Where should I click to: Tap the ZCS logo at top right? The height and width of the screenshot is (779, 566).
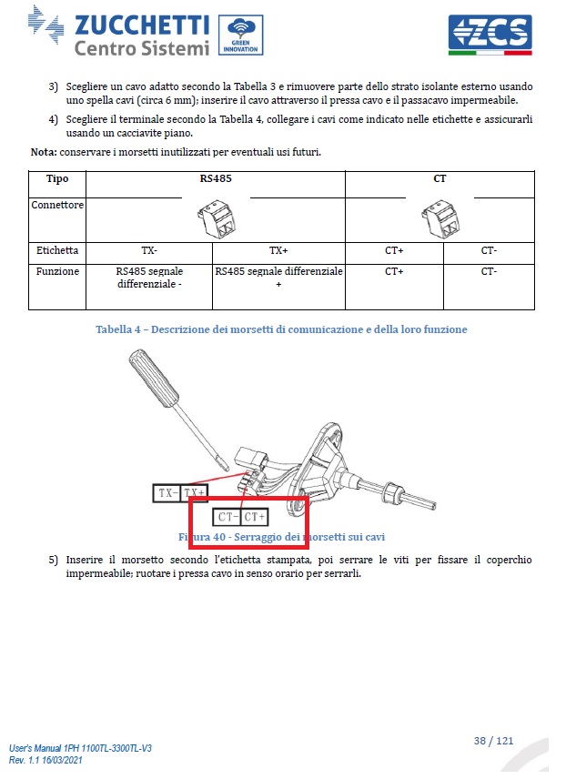[490, 34]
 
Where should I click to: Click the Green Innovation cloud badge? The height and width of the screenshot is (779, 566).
[238, 35]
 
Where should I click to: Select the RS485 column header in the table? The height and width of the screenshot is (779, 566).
[216, 179]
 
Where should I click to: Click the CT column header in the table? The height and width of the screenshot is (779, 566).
[440, 179]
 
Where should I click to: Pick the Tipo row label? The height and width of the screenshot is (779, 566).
[57, 179]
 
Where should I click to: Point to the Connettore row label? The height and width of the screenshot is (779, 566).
[57, 205]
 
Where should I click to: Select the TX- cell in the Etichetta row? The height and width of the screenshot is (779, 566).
[149, 249]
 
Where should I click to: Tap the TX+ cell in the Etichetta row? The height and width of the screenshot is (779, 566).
[278, 249]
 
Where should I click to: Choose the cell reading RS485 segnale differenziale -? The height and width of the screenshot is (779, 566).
[149, 278]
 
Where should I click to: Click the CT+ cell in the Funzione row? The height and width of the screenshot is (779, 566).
[394, 271]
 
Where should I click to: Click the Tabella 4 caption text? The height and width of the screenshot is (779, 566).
[281, 329]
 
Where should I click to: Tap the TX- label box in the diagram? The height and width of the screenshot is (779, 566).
[167, 493]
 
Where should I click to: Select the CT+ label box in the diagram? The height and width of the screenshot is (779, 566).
[256, 517]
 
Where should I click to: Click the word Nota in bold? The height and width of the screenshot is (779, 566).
[43, 151]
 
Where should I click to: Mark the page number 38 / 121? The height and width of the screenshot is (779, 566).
[493, 740]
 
